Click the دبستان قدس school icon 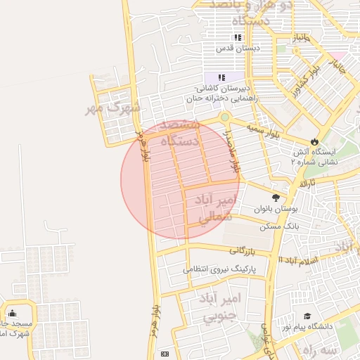point(238,38)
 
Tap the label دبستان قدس point(238,49)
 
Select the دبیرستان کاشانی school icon point(222,77)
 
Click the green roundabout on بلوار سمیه point(224,117)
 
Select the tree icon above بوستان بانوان point(276,198)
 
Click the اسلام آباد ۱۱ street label point(298,260)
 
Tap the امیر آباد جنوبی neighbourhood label point(222,307)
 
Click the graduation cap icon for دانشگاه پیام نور point(307,316)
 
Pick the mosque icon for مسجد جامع point(12,314)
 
